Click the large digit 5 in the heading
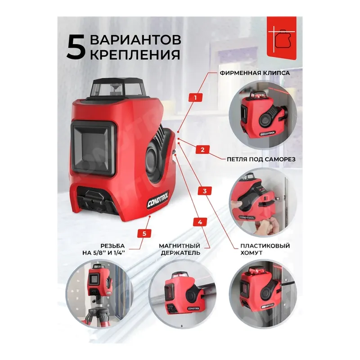(76, 46)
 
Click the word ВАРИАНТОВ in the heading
(135, 39)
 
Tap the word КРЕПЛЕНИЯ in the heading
(135, 55)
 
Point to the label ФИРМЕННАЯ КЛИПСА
(254, 72)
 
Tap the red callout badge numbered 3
(205, 191)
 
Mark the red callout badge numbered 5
(144, 233)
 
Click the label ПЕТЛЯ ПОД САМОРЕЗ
(255, 159)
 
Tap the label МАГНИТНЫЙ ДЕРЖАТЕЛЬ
(180, 249)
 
